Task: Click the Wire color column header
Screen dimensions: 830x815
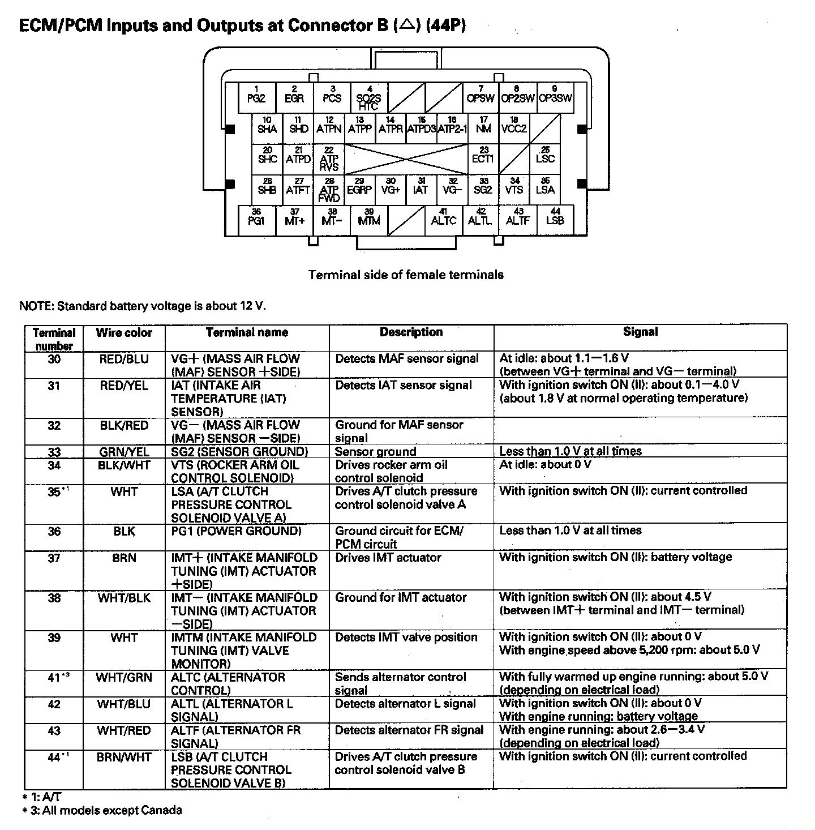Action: point(124,333)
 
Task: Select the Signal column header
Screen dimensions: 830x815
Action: point(640,332)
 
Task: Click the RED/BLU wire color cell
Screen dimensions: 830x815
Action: point(124,359)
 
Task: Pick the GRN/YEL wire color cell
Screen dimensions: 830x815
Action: point(124,452)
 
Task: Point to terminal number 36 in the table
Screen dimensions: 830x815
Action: point(54,532)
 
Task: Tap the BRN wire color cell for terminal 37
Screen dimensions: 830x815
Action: point(124,558)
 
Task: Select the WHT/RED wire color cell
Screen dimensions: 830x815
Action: point(124,731)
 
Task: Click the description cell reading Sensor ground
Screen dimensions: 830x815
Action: point(375,452)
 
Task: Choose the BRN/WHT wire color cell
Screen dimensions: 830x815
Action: point(124,758)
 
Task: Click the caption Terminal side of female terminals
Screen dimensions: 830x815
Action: point(406,275)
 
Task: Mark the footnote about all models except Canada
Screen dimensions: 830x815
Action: point(102,811)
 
